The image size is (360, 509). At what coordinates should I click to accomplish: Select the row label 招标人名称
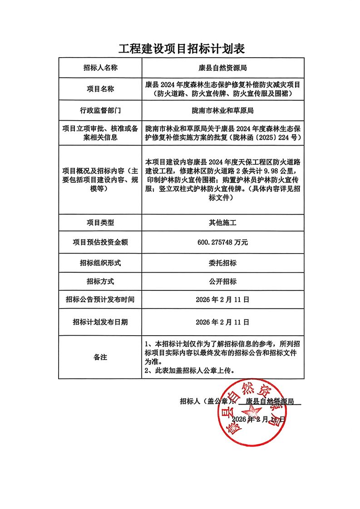coord(100,68)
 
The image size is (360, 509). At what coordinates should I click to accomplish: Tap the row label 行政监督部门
coord(100,110)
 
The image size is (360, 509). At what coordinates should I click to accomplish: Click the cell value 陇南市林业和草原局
coord(222,110)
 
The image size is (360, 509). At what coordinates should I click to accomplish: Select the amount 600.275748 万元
coord(222,243)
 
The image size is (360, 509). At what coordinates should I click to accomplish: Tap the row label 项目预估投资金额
coord(100,243)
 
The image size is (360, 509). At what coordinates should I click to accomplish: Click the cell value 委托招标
coord(222,263)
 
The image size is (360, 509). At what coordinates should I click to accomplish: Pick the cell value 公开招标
coord(222,281)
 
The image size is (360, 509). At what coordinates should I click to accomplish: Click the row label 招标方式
coord(100,281)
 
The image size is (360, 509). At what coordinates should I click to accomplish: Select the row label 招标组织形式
coord(100,263)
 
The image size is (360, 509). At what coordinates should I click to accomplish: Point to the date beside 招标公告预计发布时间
coord(222,300)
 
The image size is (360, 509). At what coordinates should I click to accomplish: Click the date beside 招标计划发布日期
coord(222,322)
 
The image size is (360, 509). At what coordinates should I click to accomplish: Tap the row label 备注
coord(100,357)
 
